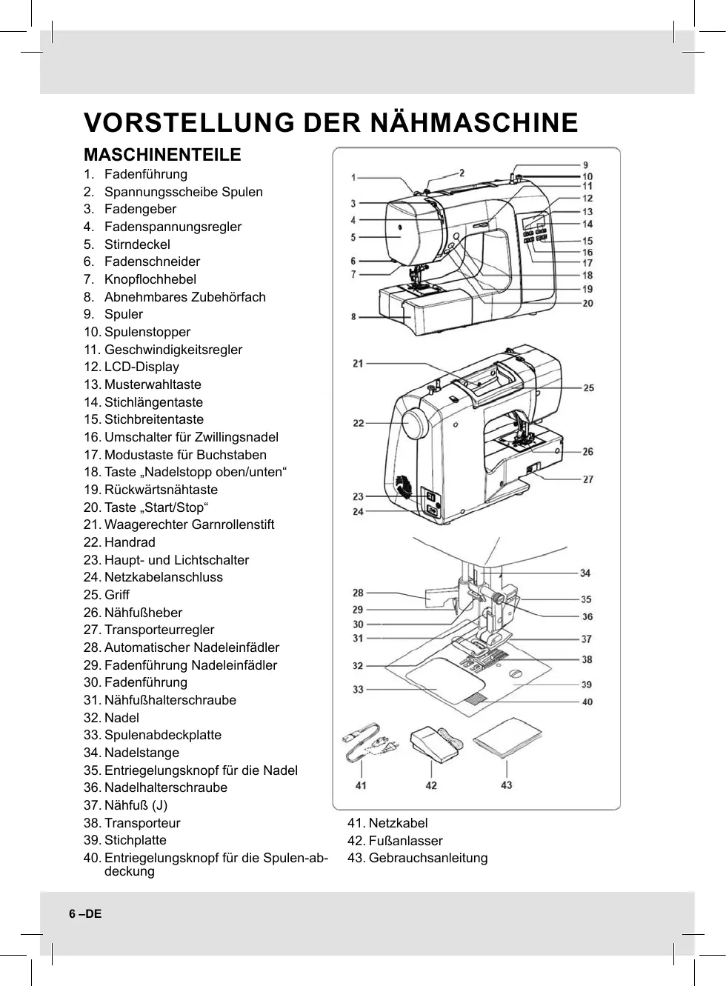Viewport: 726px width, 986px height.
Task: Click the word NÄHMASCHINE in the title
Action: (x=473, y=122)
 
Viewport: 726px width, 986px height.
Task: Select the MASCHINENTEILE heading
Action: (x=162, y=155)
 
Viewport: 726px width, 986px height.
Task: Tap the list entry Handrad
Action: (x=130, y=542)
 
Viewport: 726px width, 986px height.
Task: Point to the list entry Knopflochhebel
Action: (x=150, y=279)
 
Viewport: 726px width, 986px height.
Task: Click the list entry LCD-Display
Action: (x=141, y=367)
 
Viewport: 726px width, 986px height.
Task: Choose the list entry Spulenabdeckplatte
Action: (x=162, y=735)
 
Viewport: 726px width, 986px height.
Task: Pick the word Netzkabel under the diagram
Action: (x=398, y=823)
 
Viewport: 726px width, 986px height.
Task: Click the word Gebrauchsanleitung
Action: (x=427, y=858)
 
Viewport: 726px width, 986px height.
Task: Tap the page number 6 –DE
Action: (x=85, y=913)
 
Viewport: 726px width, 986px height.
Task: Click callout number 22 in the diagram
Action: (x=359, y=423)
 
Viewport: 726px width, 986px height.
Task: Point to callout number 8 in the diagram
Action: (x=354, y=317)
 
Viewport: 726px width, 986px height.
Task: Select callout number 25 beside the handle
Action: (x=588, y=387)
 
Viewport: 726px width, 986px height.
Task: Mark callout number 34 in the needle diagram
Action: (x=585, y=573)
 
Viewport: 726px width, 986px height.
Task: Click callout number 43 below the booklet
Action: (x=507, y=785)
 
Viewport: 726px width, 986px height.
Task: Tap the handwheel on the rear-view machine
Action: (x=416, y=426)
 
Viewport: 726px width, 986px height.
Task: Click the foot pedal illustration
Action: (x=433, y=745)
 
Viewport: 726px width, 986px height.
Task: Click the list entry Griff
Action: (x=116, y=595)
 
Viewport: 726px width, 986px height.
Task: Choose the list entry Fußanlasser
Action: (x=405, y=841)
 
